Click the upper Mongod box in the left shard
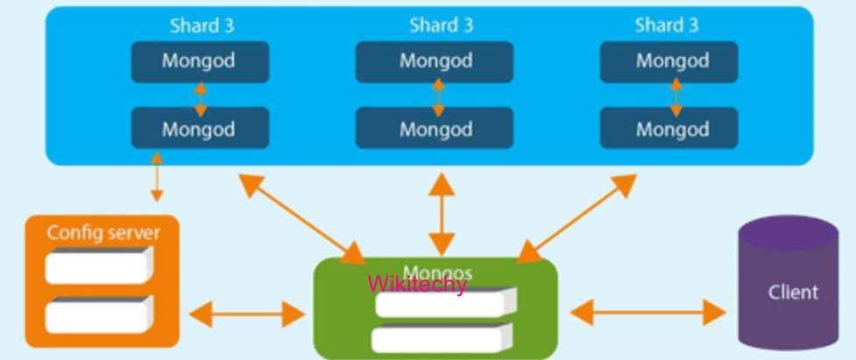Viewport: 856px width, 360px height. point(200,62)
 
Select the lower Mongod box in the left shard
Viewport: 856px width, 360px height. point(200,128)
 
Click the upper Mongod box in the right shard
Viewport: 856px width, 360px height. point(673,62)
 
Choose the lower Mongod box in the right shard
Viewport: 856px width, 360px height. point(673,128)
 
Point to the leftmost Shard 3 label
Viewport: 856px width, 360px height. point(202,24)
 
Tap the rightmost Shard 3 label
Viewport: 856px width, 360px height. point(668,24)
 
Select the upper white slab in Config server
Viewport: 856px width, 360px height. point(98,265)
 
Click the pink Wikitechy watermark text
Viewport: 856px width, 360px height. point(418,283)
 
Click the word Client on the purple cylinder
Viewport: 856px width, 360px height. point(793,292)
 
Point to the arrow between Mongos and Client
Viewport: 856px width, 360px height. point(648,311)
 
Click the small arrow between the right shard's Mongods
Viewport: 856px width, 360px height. point(676,96)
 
